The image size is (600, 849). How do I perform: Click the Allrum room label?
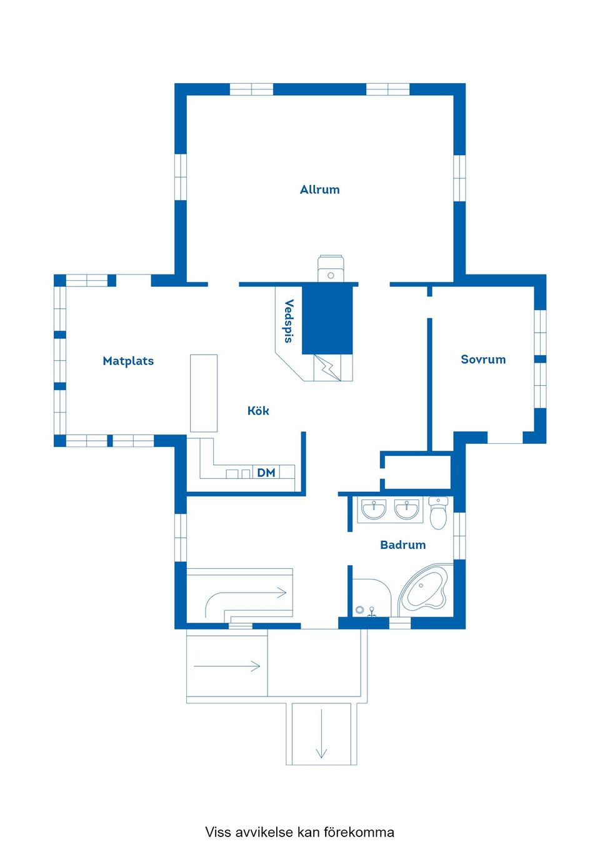click(x=320, y=189)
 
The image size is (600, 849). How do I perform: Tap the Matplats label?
click(x=128, y=361)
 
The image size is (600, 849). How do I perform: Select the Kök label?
click(x=258, y=411)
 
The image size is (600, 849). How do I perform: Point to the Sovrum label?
click(x=483, y=359)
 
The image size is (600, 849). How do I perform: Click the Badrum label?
click(x=402, y=545)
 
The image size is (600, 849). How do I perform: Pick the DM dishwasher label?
click(x=266, y=473)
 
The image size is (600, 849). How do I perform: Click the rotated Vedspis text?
click(x=289, y=321)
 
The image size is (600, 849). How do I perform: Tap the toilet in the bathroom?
click(x=438, y=513)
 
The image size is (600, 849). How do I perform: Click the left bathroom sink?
click(x=374, y=509)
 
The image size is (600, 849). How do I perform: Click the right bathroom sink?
click(x=407, y=509)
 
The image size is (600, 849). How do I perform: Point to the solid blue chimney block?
click(x=327, y=320)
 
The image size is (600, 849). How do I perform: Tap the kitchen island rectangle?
click(x=204, y=393)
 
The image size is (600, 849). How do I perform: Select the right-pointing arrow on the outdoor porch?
click(x=227, y=666)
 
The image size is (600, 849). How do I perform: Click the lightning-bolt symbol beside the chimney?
click(x=327, y=367)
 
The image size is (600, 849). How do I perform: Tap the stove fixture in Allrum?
click(x=330, y=268)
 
